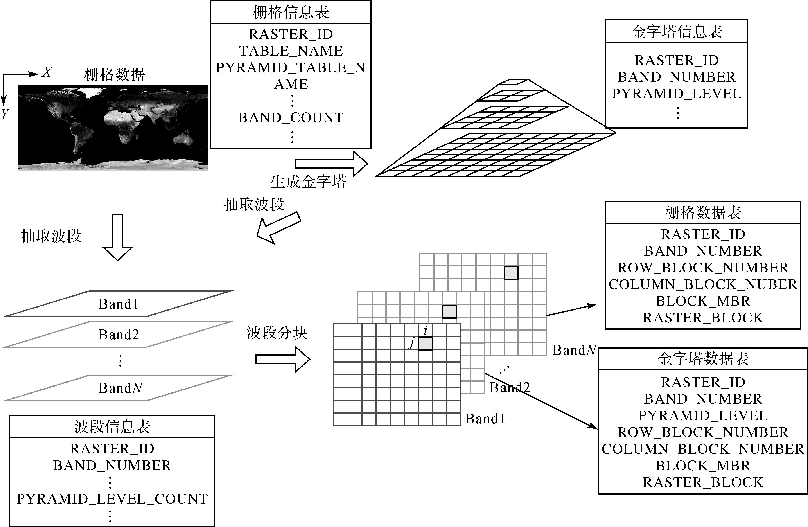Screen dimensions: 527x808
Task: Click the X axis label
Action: click(x=47, y=72)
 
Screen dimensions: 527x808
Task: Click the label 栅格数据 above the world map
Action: click(x=114, y=75)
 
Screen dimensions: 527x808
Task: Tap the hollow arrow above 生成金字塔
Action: click(x=331, y=164)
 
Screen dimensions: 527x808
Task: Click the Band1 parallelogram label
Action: click(x=119, y=304)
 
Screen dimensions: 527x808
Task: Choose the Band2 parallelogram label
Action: click(x=119, y=335)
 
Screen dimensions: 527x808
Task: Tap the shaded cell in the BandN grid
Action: click(x=511, y=273)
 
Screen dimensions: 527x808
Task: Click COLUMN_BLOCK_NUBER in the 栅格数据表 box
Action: click(x=703, y=284)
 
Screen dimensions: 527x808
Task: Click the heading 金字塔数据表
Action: click(x=703, y=359)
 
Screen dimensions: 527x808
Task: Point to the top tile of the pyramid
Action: click(x=513, y=82)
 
